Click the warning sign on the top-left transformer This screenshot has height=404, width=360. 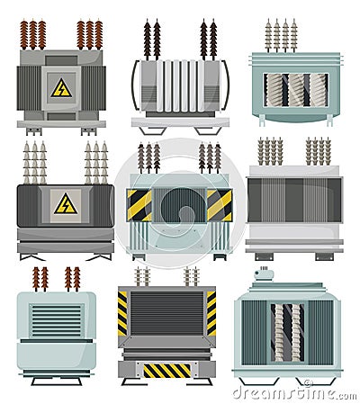[61, 87]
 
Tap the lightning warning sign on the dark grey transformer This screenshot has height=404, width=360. [65, 204]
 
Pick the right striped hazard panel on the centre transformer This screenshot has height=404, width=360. [219, 204]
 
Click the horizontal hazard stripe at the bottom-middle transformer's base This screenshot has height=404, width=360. [167, 370]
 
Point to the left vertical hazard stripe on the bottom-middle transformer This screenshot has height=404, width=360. [122, 312]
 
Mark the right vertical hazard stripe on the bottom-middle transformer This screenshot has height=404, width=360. [211, 312]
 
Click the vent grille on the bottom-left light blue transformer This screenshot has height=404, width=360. [55, 320]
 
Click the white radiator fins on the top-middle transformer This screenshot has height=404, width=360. [179, 86]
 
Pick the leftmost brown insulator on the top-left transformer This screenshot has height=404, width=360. [24, 35]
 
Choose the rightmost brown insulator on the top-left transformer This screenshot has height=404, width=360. [98, 35]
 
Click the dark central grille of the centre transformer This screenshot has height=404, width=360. [180, 204]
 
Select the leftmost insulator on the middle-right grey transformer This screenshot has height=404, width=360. [261, 151]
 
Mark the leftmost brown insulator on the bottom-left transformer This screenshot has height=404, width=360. [37, 278]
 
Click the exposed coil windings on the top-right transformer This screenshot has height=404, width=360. [295, 89]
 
